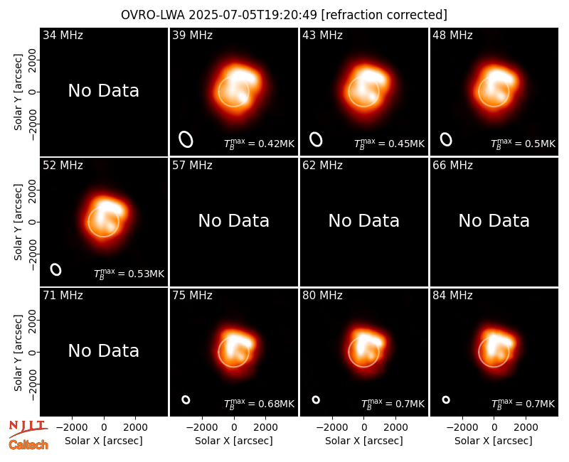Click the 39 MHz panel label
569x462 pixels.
coord(192,35)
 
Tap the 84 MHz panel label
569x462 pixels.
coord(452,296)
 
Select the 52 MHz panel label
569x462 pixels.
coord(63,166)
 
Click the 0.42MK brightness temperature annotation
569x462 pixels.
coord(259,144)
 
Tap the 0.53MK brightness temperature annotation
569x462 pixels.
coord(129,273)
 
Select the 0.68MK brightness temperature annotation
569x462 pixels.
coord(259,403)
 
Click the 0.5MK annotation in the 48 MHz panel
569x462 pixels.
coord(523,144)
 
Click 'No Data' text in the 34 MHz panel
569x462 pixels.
coord(103,91)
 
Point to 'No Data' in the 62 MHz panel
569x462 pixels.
coord(363,220)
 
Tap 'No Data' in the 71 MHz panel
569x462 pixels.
coord(103,350)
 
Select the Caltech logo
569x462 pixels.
coord(28,445)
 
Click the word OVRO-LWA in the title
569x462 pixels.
coord(153,15)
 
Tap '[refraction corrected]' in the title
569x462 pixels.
coord(384,15)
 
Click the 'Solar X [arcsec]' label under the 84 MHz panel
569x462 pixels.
coord(494,441)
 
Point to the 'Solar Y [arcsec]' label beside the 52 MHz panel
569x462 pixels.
coord(18,222)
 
